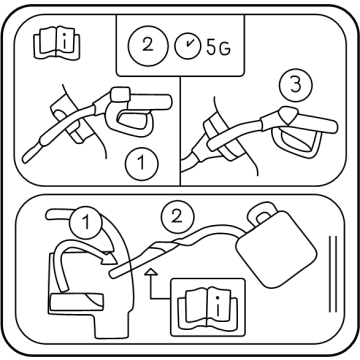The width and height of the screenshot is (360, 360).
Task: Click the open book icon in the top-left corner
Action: click(57, 43)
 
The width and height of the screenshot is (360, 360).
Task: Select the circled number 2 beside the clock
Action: click(147, 45)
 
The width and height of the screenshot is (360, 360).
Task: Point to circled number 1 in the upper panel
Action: click(142, 164)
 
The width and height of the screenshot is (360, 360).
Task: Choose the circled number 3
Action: click(296, 85)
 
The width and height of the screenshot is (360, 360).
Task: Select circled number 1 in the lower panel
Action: click(86, 222)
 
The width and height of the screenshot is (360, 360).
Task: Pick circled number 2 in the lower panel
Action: click(177, 217)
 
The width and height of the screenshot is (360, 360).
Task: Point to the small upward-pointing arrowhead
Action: click(152, 272)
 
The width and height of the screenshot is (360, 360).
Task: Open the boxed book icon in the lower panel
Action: click(208, 307)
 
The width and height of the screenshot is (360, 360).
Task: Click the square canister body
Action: click(275, 248)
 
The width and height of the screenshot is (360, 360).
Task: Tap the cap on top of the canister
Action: click(262, 213)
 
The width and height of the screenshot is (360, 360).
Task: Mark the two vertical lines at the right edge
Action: click(333, 274)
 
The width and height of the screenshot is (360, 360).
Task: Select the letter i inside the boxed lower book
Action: click(217, 306)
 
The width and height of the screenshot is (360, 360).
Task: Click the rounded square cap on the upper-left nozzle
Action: click(120, 94)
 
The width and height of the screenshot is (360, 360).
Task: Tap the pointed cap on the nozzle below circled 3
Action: click(287, 116)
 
